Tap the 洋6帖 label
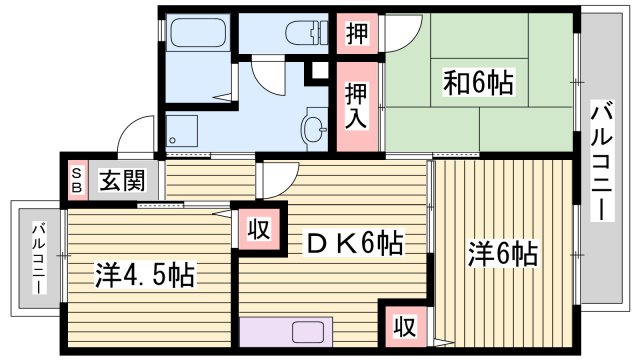pyautogui.click(x=503, y=254)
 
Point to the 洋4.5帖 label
pyautogui.click(x=145, y=273)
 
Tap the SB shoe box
pyautogui.click(x=76, y=181)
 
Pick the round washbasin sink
pyautogui.click(x=314, y=129)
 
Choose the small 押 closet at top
pyautogui.click(x=356, y=33)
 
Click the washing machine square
pyautogui.click(x=182, y=130)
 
